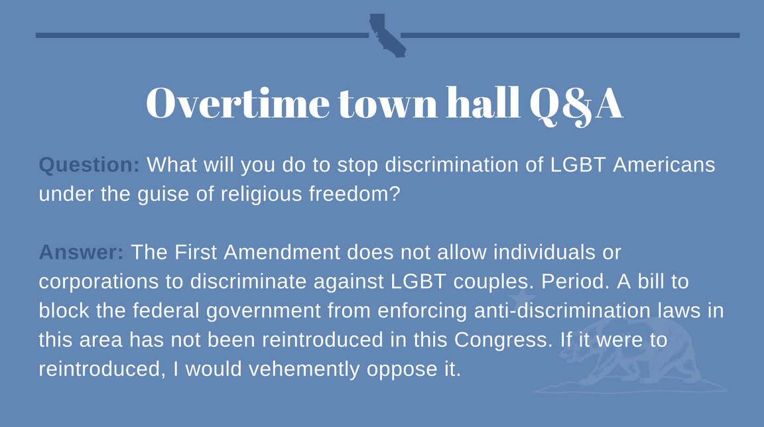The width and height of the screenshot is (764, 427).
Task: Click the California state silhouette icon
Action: tap(387, 35)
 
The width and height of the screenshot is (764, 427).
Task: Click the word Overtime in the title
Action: tap(238, 103)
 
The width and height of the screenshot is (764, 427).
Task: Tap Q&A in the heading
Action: tap(576, 105)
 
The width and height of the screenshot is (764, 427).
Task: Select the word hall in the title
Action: tap(483, 103)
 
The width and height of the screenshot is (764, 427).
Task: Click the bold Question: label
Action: tap(89, 165)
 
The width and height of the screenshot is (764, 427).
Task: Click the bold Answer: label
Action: tap(82, 252)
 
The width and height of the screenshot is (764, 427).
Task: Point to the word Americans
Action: tap(664, 164)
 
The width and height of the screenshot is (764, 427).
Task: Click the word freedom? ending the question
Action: tap(355, 194)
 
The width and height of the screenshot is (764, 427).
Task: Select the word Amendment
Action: tap(282, 252)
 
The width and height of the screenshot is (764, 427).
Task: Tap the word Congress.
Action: tap(503, 341)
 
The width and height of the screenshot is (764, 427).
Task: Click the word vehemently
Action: tap(304, 369)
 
